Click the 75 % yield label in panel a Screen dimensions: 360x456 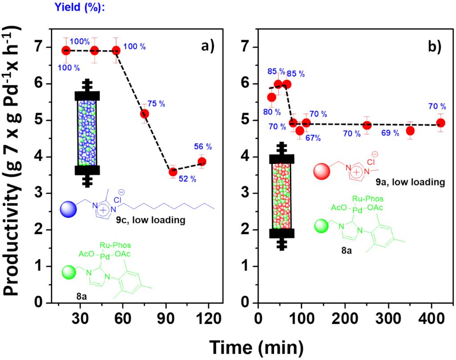156,104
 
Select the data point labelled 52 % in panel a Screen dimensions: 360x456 173,172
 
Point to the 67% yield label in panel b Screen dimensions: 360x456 313,138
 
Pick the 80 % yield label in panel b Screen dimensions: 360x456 271,112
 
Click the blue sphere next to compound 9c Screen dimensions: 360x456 70,208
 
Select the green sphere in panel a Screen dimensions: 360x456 69,272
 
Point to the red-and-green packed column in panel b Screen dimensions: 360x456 281,196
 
